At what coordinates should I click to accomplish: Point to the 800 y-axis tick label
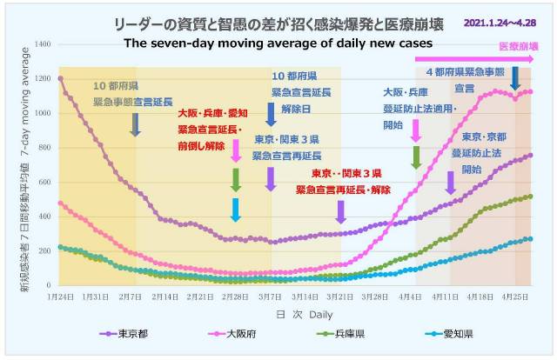tap(44, 147)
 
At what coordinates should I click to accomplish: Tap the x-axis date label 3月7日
tap(271, 297)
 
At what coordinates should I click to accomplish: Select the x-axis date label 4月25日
tap(515, 297)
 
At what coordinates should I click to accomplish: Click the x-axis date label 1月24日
tap(59, 297)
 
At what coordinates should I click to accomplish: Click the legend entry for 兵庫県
tap(340, 334)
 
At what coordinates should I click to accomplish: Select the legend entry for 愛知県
tap(443, 334)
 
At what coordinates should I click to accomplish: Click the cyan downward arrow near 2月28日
tap(236, 210)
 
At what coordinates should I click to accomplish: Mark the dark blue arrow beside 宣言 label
tap(515, 78)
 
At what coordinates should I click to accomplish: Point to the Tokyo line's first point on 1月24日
tap(59, 78)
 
